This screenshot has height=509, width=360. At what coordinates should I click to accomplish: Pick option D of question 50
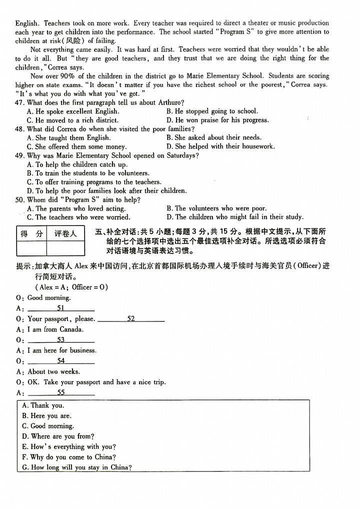[x=234, y=217]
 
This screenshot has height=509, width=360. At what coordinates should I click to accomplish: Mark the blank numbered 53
[x=61, y=339]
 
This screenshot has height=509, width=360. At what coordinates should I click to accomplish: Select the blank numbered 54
[x=61, y=360]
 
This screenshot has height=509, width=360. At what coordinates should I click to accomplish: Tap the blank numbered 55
[x=61, y=392]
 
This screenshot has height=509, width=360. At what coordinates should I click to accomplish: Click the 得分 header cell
[x=31, y=233]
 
